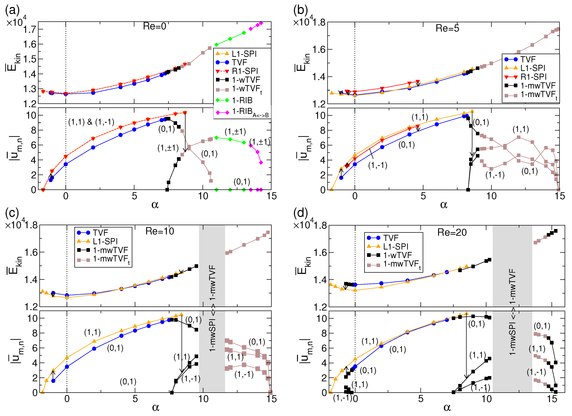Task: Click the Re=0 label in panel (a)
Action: click(x=154, y=26)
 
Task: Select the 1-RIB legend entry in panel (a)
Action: click(x=242, y=100)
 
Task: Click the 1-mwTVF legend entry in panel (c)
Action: click(x=110, y=250)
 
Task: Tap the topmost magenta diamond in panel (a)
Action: click(x=261, y=23)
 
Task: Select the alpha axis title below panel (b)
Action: click(x=444, y=205)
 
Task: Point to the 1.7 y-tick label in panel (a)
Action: click(x=30, y=29)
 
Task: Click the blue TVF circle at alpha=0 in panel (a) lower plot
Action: click(x=66, y=164)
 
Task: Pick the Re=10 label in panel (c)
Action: click(x=160, y=231)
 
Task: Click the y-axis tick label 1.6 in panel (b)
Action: click(x=319, y=49)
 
